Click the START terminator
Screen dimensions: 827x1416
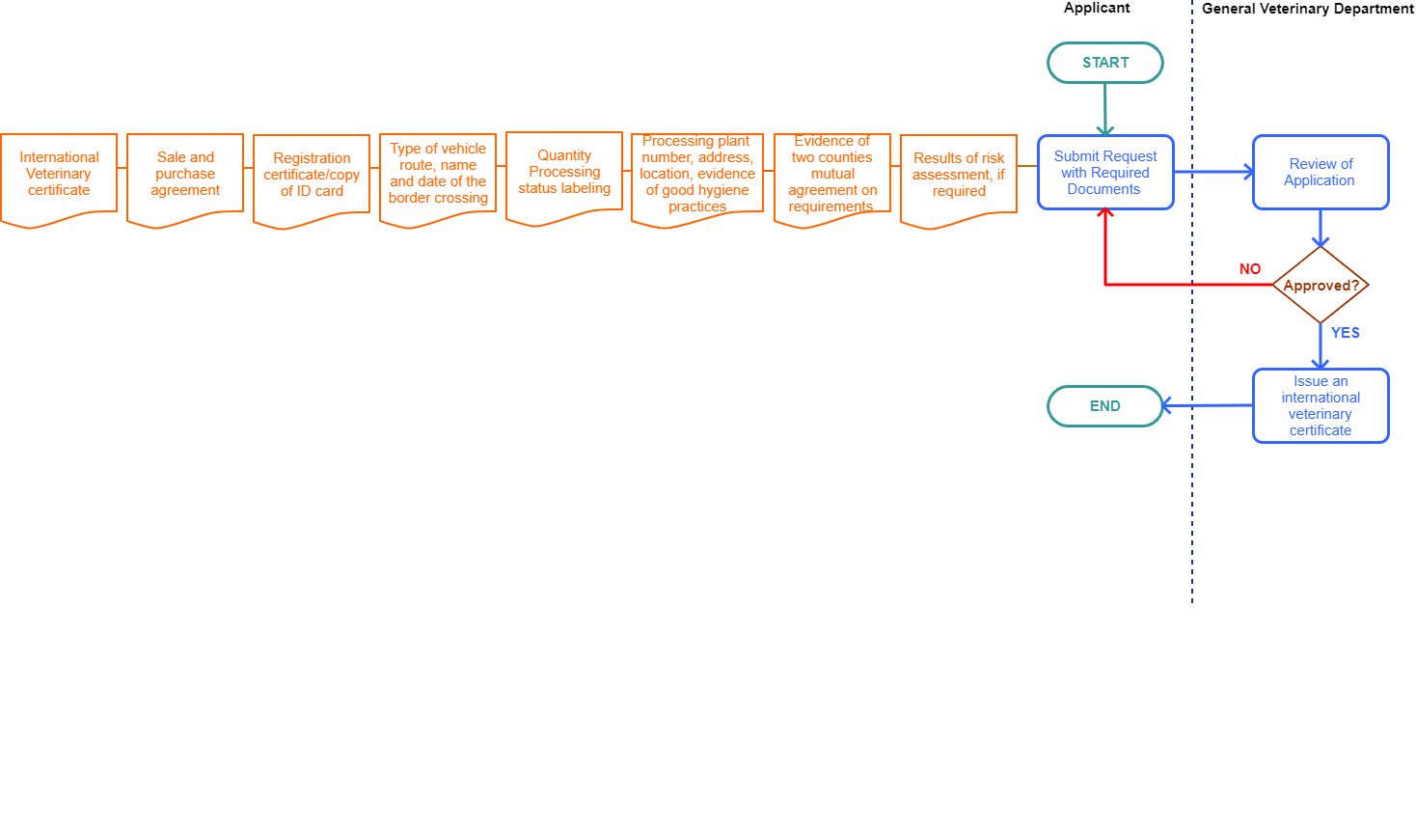1105,63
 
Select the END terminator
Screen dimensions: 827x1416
1105,406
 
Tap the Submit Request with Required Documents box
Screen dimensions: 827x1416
1105,173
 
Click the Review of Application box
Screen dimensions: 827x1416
1321,173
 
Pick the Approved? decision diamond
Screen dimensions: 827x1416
1321,286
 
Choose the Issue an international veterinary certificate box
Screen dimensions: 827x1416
1321,406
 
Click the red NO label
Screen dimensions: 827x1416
1250,269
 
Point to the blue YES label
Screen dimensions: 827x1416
1346,333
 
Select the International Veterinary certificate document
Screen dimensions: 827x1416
59,175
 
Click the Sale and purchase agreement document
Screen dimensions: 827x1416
185,175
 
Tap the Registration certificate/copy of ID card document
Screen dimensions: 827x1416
312,176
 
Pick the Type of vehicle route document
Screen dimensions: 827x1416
438,175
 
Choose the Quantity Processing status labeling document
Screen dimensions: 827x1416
564,173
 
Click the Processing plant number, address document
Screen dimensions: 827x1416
697,175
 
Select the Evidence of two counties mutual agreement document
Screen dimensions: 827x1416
832,175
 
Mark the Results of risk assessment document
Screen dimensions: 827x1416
959,176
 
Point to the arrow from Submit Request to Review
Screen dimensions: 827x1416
1212,172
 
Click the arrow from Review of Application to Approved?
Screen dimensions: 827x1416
1321,228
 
